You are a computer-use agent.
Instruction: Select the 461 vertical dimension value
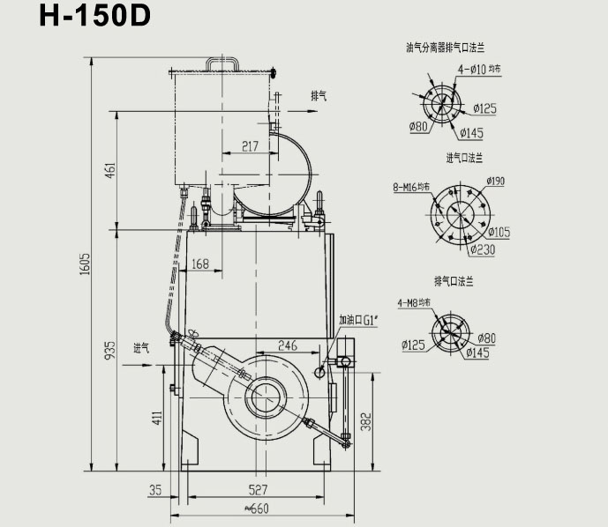(x=110, y=171)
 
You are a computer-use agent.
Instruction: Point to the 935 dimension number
(x=110, y=350)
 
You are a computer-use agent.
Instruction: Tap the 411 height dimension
(x=157, y=417)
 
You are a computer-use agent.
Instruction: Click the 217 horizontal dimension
(x=250, y=146)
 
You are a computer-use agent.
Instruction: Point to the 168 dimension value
(x=199, y=263)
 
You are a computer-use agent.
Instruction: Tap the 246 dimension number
(x=288, y=345)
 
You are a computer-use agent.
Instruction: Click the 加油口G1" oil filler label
(x=358, y=320)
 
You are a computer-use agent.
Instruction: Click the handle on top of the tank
(x=223, y=64)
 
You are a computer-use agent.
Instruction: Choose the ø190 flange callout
(x=496, y=182)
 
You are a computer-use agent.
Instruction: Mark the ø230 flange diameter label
(x=484, y=249)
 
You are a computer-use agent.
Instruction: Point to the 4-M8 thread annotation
(x=414, y=303)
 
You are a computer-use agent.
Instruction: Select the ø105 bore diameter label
(x=499, y=233)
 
